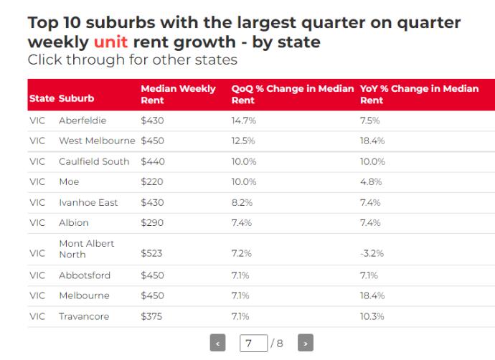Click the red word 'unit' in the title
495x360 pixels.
110,42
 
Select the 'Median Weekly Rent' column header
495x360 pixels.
178,94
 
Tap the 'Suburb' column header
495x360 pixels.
76,98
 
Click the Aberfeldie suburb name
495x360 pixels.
82,120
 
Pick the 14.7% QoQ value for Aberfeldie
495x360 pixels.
243,120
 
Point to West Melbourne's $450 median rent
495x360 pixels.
152,141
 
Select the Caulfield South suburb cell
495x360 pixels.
94,161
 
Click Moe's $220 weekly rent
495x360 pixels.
152,182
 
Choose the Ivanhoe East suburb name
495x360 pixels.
88,203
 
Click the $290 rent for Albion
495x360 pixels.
152,223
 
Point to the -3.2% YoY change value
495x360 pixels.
372,253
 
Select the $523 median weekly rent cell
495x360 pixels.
152,253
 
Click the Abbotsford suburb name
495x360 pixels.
85,275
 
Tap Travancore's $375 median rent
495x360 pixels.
152,316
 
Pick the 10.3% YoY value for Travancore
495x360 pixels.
372,316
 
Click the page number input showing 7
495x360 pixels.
253,344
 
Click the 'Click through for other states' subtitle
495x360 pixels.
132,60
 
